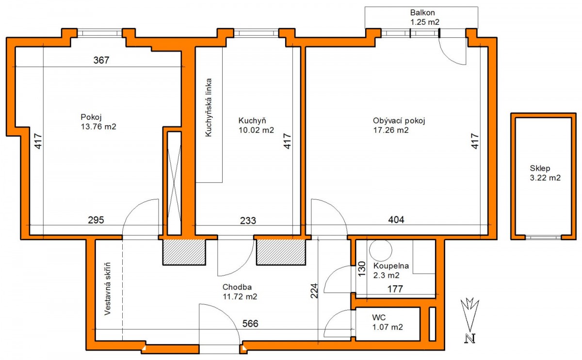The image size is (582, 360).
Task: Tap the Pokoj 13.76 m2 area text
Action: coord(98,122)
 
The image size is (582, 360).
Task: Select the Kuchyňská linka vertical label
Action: coord(209,107)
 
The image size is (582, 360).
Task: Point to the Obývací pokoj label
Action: coord(399,121)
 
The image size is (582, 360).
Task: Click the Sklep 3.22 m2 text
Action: coord(545,173)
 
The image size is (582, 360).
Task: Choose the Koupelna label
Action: coord(391,266)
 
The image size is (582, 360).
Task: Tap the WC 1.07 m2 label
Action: coord(388,322)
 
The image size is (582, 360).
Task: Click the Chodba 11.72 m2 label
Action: coord(240,292)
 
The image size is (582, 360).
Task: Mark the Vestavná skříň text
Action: coord(107,289)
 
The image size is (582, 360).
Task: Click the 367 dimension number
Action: coord(101,60)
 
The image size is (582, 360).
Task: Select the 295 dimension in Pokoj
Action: coord(96,220)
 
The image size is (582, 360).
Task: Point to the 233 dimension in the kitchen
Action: coord(248,221)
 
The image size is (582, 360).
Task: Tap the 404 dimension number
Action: coord(396,220)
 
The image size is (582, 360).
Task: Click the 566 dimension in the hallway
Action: coord(250,324)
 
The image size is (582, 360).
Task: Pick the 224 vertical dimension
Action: coord(314,291)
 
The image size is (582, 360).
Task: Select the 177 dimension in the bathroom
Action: coord(395,289)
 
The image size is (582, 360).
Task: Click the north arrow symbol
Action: coord(470,320)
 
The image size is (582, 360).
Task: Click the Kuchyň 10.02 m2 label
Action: coord(256,125)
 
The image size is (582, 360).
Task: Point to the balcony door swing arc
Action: coord(446,58)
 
